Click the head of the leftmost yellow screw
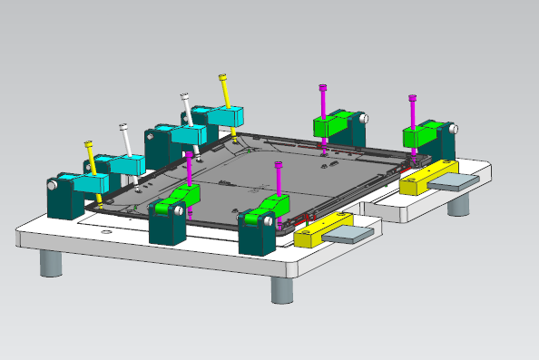(89, 144)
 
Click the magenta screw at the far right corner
(413, 111)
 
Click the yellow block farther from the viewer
(426, 176)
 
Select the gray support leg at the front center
(282, 289)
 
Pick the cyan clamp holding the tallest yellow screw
(225, 115)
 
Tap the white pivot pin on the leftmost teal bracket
(54, 183)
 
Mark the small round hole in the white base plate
(108, 236)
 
